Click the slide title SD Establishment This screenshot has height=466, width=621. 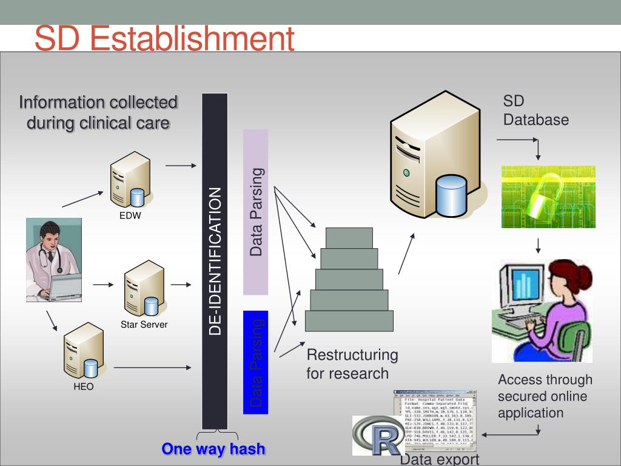[164, 39]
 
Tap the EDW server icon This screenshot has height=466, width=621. [130, 180]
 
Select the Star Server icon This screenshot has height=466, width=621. [144, 289]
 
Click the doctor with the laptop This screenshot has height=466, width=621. [53, 260]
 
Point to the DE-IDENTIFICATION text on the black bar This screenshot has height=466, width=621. [215, 261]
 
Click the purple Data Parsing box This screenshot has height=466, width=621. [255, 212]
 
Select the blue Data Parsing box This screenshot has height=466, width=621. [255, 362]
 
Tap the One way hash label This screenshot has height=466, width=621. [213, 449]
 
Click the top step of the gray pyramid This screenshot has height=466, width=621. [349, 237]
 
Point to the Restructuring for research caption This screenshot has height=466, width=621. [352, 363]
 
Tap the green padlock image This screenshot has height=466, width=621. [548, 197]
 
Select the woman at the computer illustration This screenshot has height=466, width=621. [542, 310]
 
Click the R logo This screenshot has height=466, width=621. [378, 435]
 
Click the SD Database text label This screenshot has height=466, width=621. [535, 110]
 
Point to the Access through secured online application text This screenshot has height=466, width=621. [545, 396]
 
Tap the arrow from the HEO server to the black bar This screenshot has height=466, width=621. [153, 368]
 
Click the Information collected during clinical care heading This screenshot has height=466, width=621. [98, 112]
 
